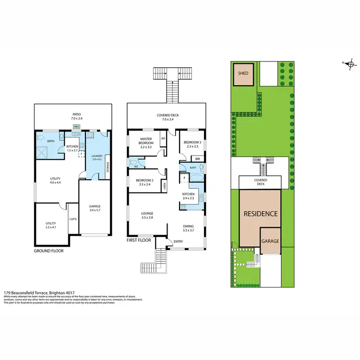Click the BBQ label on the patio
(x=76, y=126)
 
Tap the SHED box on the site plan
(x=243, y=73)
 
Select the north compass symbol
(x=351, y=63)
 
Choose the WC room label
(x=136, y=167)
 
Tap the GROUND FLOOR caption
(x=48, y=251)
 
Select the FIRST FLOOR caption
(x=139, y=240)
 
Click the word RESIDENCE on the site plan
(x=260, y=214)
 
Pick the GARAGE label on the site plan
(x=270, y=242)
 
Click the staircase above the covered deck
(x=170, y=86)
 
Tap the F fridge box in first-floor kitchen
(x=184, y=178)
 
